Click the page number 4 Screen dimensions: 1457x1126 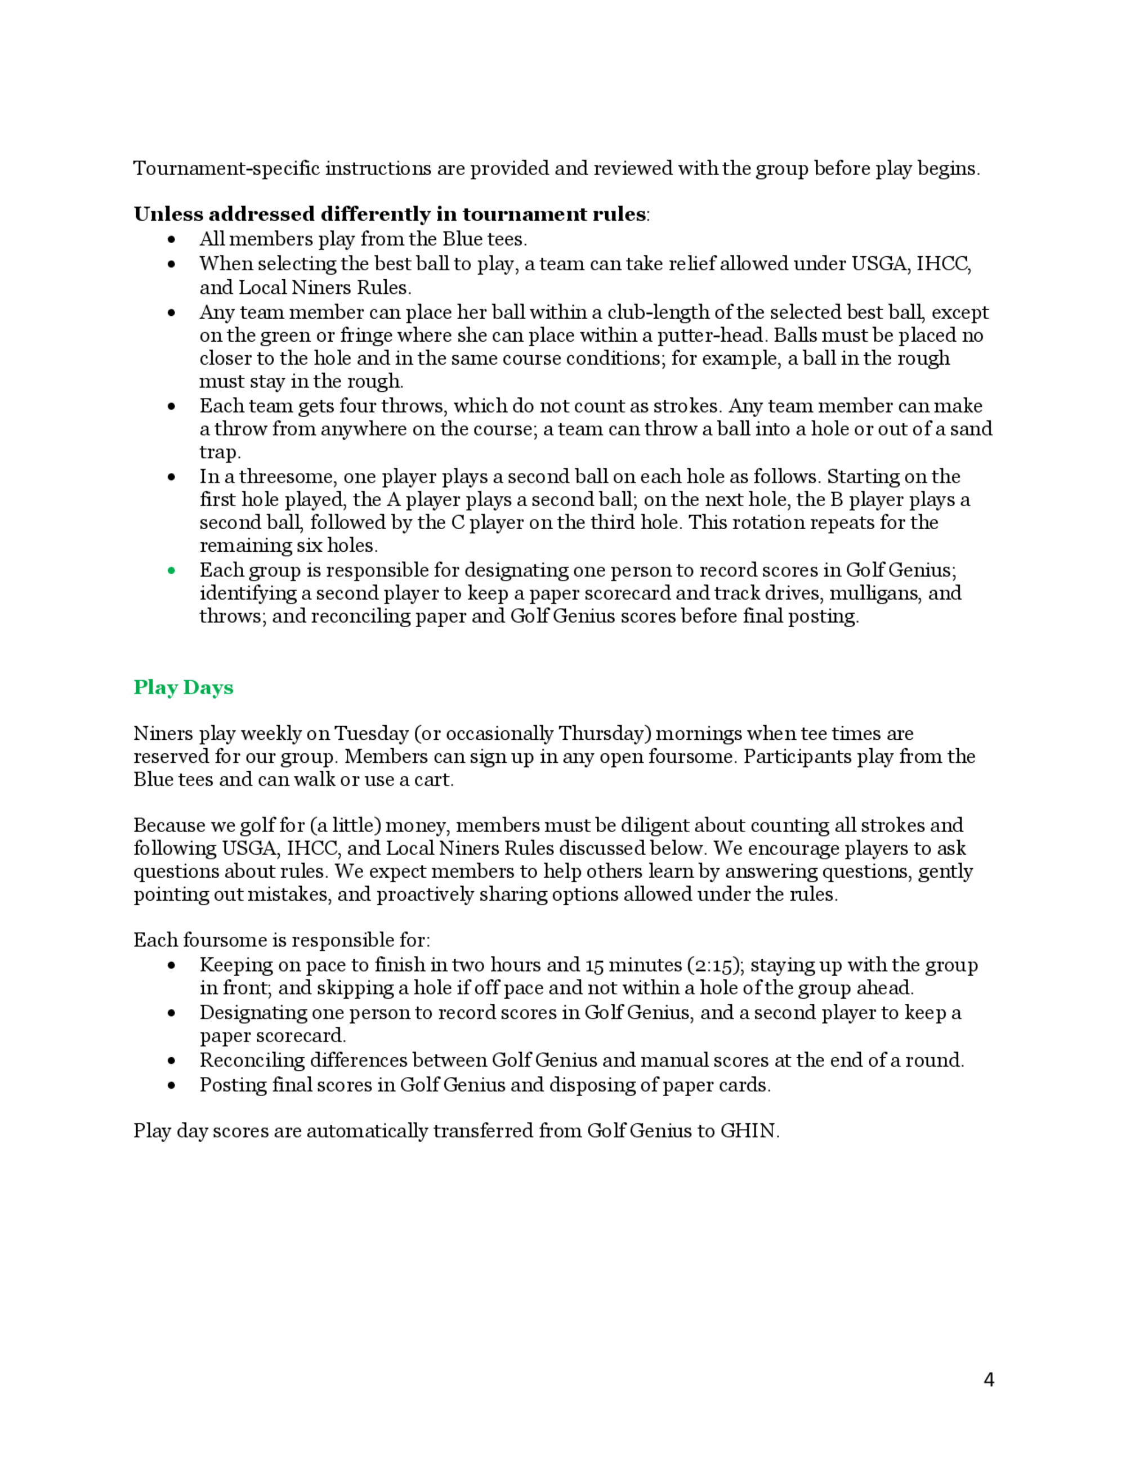(989, 1380)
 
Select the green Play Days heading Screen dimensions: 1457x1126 (184, 687)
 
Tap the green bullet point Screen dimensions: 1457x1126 (172, 570)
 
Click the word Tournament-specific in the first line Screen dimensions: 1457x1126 (228, 168)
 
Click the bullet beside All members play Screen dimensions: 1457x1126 (172, 239)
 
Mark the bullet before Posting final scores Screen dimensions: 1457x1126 (172, 1085)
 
